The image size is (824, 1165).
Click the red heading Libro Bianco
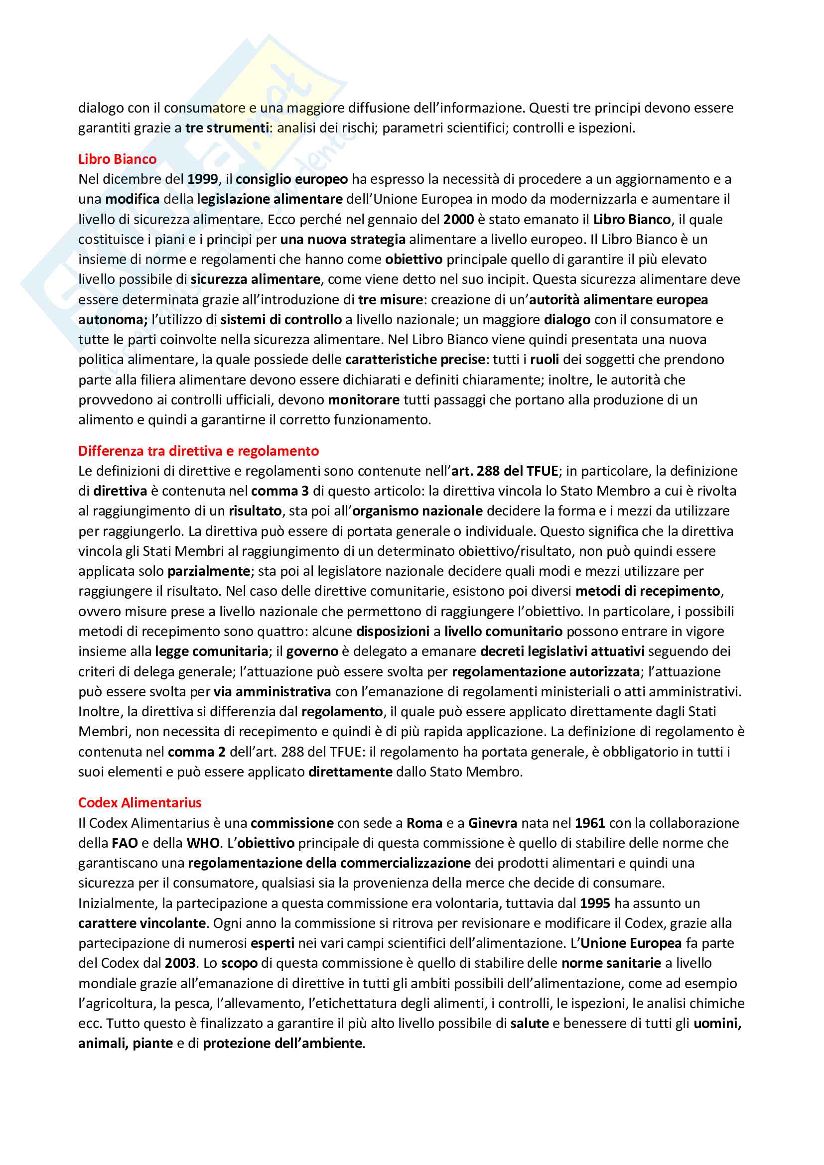pos(117,159)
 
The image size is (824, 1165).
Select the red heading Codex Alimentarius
pos(139,802)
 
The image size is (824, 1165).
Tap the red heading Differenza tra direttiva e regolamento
pos(198,451)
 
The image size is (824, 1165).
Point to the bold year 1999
pos(202,179)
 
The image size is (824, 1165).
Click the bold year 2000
pos(458,219)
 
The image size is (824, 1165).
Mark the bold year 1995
pos(595,903)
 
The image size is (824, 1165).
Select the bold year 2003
pos(180,963)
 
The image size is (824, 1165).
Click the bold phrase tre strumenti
pos(227,128)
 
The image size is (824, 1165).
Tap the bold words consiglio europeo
pos(292,179)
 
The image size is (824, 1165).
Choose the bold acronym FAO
pos(125,843)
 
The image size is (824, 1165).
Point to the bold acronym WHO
pos(203,843)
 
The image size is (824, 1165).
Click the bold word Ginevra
pos(492,822)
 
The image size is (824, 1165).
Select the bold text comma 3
pos(279,491)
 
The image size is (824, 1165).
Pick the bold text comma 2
pos(196,752)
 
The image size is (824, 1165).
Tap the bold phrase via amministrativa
pos(272,692)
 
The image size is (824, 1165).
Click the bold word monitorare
pos(364,400)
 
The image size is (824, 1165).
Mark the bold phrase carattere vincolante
pos(142,923)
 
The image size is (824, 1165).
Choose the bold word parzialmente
pos(209,571)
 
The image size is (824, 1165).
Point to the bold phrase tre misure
pos(390,299)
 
